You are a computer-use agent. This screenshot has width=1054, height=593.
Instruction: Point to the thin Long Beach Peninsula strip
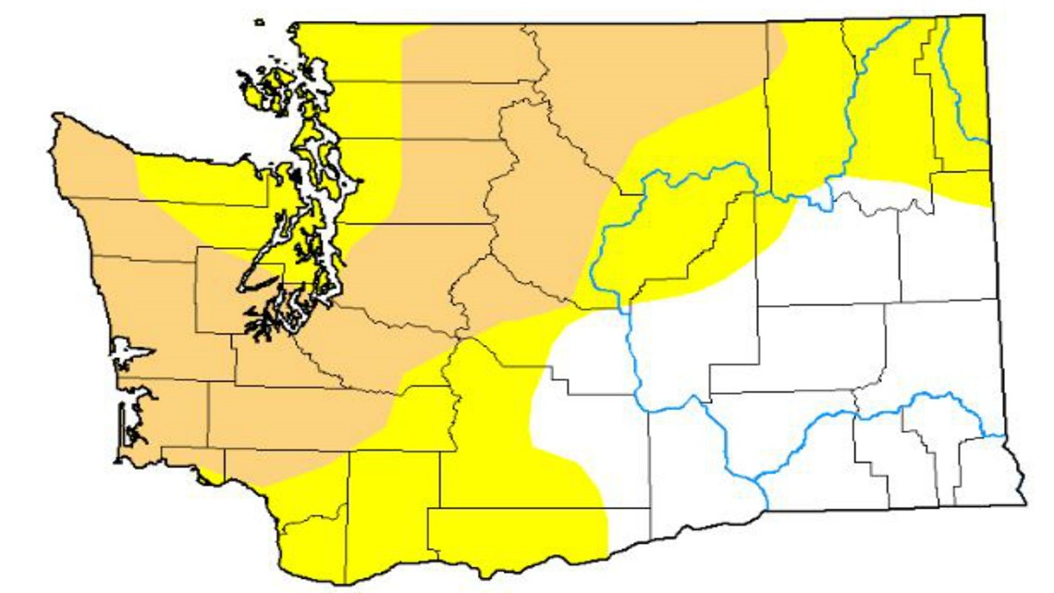tap(121, 430)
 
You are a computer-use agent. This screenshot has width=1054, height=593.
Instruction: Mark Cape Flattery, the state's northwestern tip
tap(57, 117)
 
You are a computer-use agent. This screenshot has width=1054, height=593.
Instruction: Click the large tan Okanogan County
tap(647, 93)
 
